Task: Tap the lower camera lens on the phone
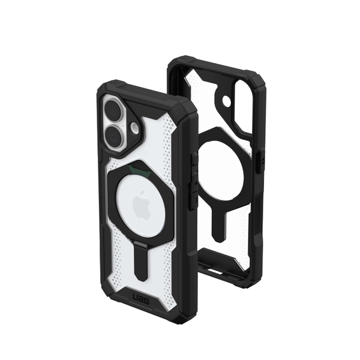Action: (114, 137)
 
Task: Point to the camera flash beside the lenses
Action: (135, 128)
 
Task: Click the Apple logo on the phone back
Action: (142, 205)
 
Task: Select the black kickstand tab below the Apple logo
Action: (140, 261)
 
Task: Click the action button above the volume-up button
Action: (194, 159)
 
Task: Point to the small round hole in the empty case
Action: (226, 100)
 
